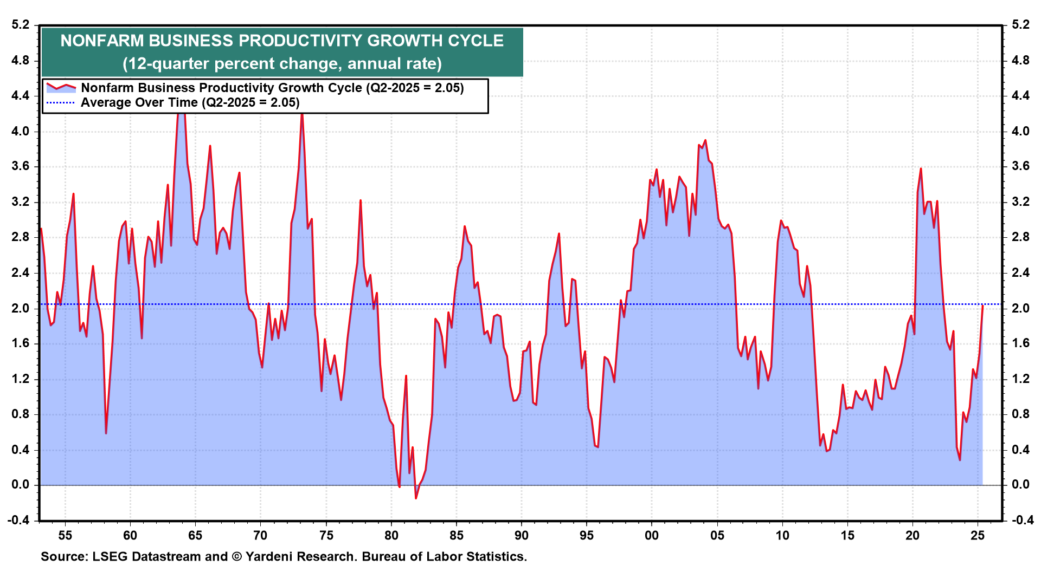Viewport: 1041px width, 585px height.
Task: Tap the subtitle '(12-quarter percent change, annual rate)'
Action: tap(282, 64)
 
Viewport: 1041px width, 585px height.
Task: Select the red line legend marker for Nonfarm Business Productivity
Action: tap(61, 87)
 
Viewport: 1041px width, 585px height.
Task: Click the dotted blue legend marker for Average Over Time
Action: tap(61, 102)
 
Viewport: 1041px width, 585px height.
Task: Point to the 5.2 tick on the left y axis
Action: tap(20, 25)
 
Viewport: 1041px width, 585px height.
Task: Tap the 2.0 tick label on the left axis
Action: tap(20, 308)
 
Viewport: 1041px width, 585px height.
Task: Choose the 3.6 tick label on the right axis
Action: tap(1021, 166)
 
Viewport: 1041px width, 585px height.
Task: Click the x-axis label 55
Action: tap(65, 536)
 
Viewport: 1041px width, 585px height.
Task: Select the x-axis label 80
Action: tap(391, 536)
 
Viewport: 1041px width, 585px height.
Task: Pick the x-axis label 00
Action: tap(652, 536)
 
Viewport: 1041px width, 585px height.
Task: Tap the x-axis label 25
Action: tap(978, 536)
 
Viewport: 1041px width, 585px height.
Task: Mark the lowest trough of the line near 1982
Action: tap(416, 498)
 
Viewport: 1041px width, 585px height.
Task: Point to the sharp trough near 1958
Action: tap(106, 433)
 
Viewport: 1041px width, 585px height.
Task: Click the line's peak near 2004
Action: tap(705, 140)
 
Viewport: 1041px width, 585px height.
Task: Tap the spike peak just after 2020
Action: tap(921, 168)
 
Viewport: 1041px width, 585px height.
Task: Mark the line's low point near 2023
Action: tap(960, 460)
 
